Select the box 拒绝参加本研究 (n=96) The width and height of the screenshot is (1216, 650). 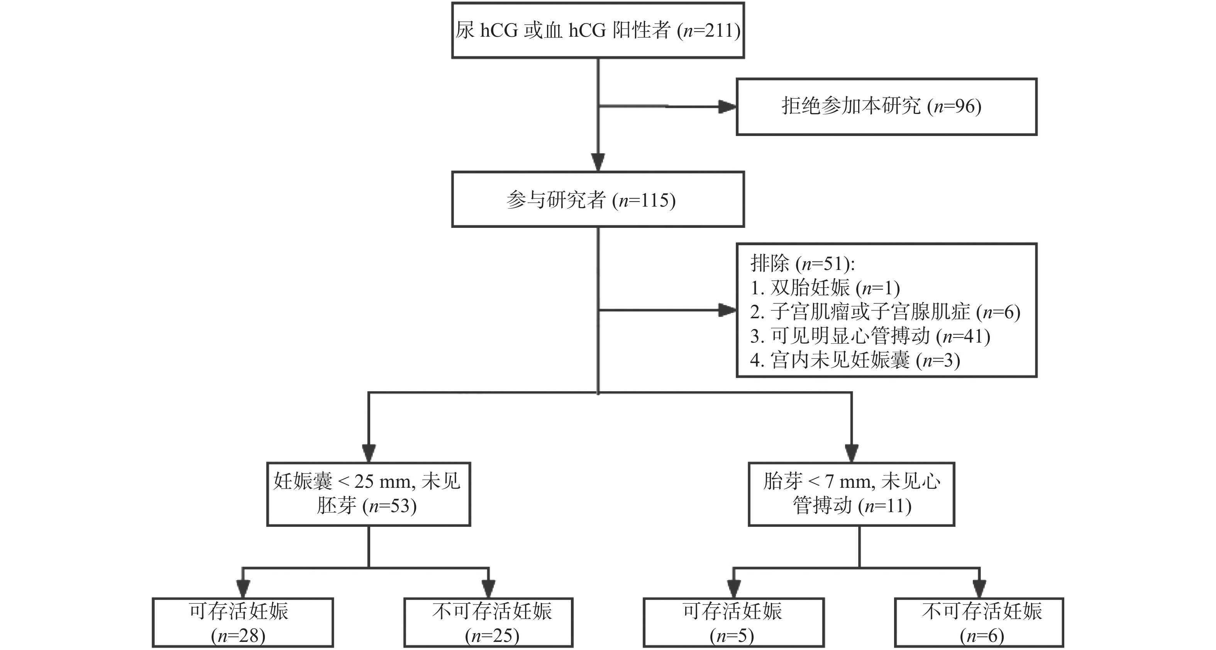click(886, 107)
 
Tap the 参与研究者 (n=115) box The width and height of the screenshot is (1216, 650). click(598, 200)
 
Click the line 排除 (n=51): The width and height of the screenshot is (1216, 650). click(803, 263)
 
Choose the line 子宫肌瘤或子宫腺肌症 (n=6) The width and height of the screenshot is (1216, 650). click(885, 312)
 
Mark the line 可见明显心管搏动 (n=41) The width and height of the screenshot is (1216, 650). click(870, 336)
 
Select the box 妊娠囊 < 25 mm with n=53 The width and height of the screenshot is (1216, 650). click(368, 494)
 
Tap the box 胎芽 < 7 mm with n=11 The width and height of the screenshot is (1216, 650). click(851, 494)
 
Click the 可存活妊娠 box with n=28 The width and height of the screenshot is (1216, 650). click(243, 623)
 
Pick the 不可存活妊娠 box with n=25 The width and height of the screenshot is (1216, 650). click(488, 623)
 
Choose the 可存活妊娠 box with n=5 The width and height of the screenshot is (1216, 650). click(733, 623)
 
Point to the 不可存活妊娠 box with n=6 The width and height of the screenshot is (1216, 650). click(979, 623)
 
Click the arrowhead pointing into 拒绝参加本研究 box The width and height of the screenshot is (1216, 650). click(727, 107)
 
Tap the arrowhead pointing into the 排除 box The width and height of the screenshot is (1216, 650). click(727, 311)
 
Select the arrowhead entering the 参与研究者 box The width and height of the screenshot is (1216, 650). click(598, 163)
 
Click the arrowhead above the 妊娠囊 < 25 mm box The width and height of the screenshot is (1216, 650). click(369, 453)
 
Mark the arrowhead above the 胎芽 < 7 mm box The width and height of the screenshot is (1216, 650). click(852, 453)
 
